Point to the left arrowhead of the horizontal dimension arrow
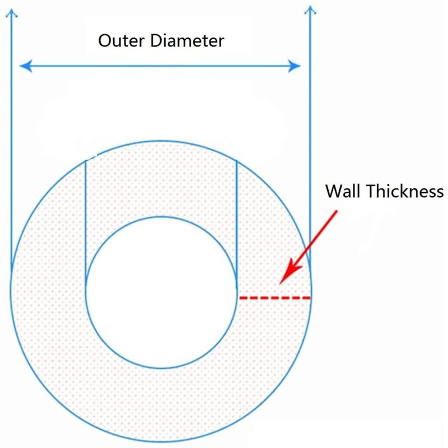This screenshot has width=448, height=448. tap(22, 67)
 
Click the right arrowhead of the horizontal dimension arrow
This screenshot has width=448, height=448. tap(297, 67)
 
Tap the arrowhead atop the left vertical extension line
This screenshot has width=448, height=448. tap(11, 7)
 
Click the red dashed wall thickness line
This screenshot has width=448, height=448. tap(274, 298)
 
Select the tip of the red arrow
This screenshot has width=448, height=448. tap(282, 281)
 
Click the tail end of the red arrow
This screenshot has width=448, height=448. tap(337, 212)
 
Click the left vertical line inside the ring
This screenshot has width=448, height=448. tap(85, 224)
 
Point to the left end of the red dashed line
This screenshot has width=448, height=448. tap(240, 298)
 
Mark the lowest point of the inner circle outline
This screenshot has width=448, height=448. tap(161, 368)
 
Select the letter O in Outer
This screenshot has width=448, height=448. tap(104, 41)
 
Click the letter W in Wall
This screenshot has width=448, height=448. tap(333, 192)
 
